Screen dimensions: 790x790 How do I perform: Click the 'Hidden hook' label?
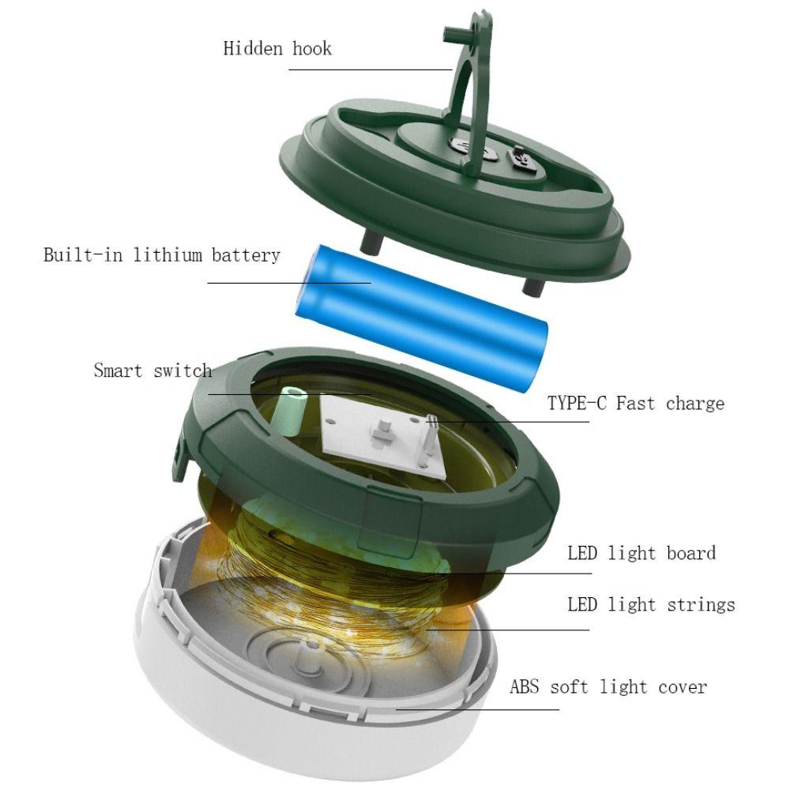point(277,48)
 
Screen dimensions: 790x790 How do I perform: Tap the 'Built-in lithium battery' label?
point(161,255)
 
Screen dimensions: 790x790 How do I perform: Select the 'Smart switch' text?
point(152,370)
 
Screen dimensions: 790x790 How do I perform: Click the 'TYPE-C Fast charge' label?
point(635,404)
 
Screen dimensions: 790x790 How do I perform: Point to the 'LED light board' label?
point(641,552)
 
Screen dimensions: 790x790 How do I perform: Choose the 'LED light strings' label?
point(650,605)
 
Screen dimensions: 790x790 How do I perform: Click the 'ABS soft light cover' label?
point(608,687)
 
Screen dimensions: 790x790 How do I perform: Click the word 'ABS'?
point(524,687)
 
